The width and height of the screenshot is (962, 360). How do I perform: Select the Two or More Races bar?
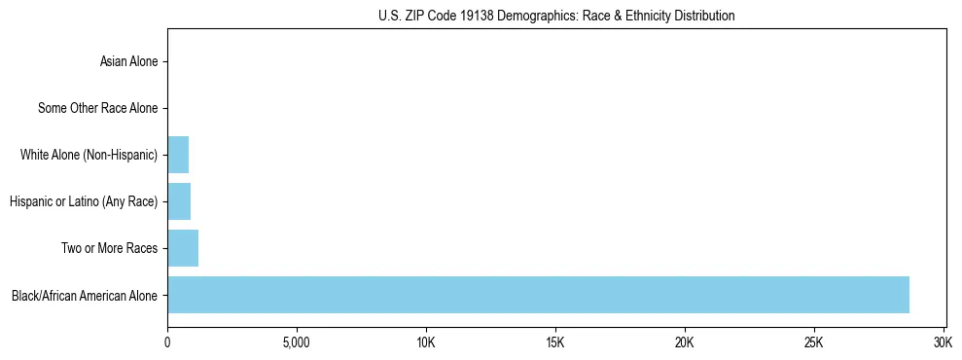click(183, 248)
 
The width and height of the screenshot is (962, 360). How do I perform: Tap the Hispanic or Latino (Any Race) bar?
click(179, 201)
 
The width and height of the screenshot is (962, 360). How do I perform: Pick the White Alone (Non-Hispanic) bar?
click(178, 155)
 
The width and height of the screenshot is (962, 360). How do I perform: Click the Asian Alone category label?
click(128, 62)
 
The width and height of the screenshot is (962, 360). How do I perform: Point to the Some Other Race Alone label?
click(97, 109)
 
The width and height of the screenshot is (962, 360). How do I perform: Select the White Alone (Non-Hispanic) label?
click(89, 156)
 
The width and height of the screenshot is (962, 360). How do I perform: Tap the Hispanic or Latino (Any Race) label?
click(84, 202)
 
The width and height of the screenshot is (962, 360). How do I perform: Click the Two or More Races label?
click(109, 249)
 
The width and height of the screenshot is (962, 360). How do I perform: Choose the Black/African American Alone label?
click(85, 296)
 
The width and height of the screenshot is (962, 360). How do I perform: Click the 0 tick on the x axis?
click(167, 342)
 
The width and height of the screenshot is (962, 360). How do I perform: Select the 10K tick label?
click(426, 342)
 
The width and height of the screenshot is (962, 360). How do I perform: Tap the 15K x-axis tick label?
click(555, 342)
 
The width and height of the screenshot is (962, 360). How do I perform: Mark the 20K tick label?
click(685, 342)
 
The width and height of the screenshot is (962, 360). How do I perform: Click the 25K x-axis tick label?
click(814, 342)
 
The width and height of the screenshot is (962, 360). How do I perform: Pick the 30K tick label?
click(944, 342)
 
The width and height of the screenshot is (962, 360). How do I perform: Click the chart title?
click(556, 16)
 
